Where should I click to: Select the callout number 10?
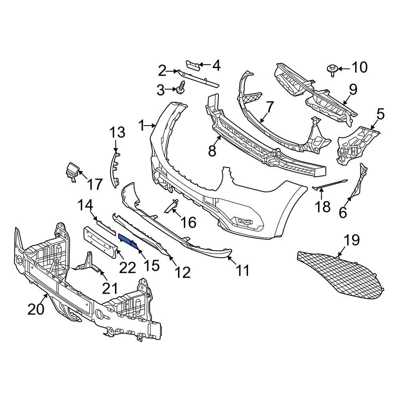[x=359, y=68]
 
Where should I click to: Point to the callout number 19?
[x=352, y=240]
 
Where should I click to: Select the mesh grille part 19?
[x=340, y=276]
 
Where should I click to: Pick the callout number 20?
[x=36, y=309]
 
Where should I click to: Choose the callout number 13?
[x=118, y=132]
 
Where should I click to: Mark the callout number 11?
[x=242, y=270]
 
